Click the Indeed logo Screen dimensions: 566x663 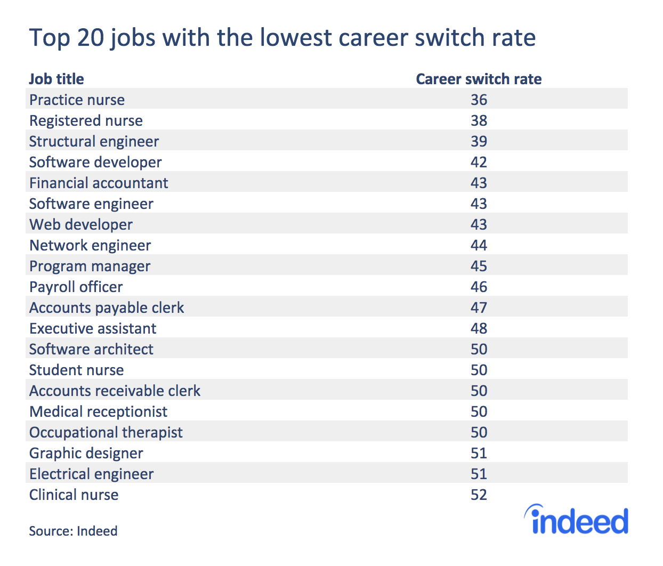(577, 520)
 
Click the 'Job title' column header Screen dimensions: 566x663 (56, 79)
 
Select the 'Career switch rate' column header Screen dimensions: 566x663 (478, 79)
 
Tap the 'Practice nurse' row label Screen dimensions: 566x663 (77, 100)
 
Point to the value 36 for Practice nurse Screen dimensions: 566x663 (479, 100)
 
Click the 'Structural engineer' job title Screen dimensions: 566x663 (94, 141)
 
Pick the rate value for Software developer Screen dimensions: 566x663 (479, 162)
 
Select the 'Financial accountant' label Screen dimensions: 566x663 (99, 183)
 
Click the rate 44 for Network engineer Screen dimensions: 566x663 (479, 245)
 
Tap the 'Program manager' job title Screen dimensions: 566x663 (90, 266)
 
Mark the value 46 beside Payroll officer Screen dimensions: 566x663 (479, 287)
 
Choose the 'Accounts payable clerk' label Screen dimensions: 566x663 (107, 308)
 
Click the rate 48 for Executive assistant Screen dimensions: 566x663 (479, 328)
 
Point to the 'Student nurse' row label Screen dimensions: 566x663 (76, 370)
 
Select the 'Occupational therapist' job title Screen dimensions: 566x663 (106, 432)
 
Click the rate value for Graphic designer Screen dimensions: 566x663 (479, 453)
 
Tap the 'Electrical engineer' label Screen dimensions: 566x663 (91, 474)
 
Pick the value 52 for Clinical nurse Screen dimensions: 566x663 (479, 495)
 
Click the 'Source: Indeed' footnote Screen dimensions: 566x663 (73, 531)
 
